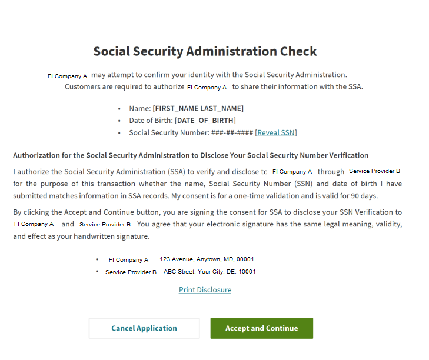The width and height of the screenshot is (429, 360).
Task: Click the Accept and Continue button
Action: pos(261,328)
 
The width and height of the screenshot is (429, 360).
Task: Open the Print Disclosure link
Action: pos(205,290)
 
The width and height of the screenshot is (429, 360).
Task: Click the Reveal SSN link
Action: pos(276,133)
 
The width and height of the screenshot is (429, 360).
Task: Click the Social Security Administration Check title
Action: pos(205,51)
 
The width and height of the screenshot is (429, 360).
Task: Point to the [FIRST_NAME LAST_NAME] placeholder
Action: pos(198,109)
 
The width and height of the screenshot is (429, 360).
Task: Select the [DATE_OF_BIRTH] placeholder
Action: pos(205,121)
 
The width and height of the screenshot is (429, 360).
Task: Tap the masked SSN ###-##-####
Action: pos(232,133)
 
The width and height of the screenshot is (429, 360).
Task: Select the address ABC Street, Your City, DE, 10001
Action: pos(209,272)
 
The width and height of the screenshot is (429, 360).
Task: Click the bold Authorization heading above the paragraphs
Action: pos(191,155)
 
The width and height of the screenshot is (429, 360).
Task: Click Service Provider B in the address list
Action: pos(131,272)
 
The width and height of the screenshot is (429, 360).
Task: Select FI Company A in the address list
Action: pos(128,259)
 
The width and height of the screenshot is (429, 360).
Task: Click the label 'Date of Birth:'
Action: pos(151,121)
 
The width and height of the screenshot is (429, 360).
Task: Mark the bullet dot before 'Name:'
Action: pos(119,109)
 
